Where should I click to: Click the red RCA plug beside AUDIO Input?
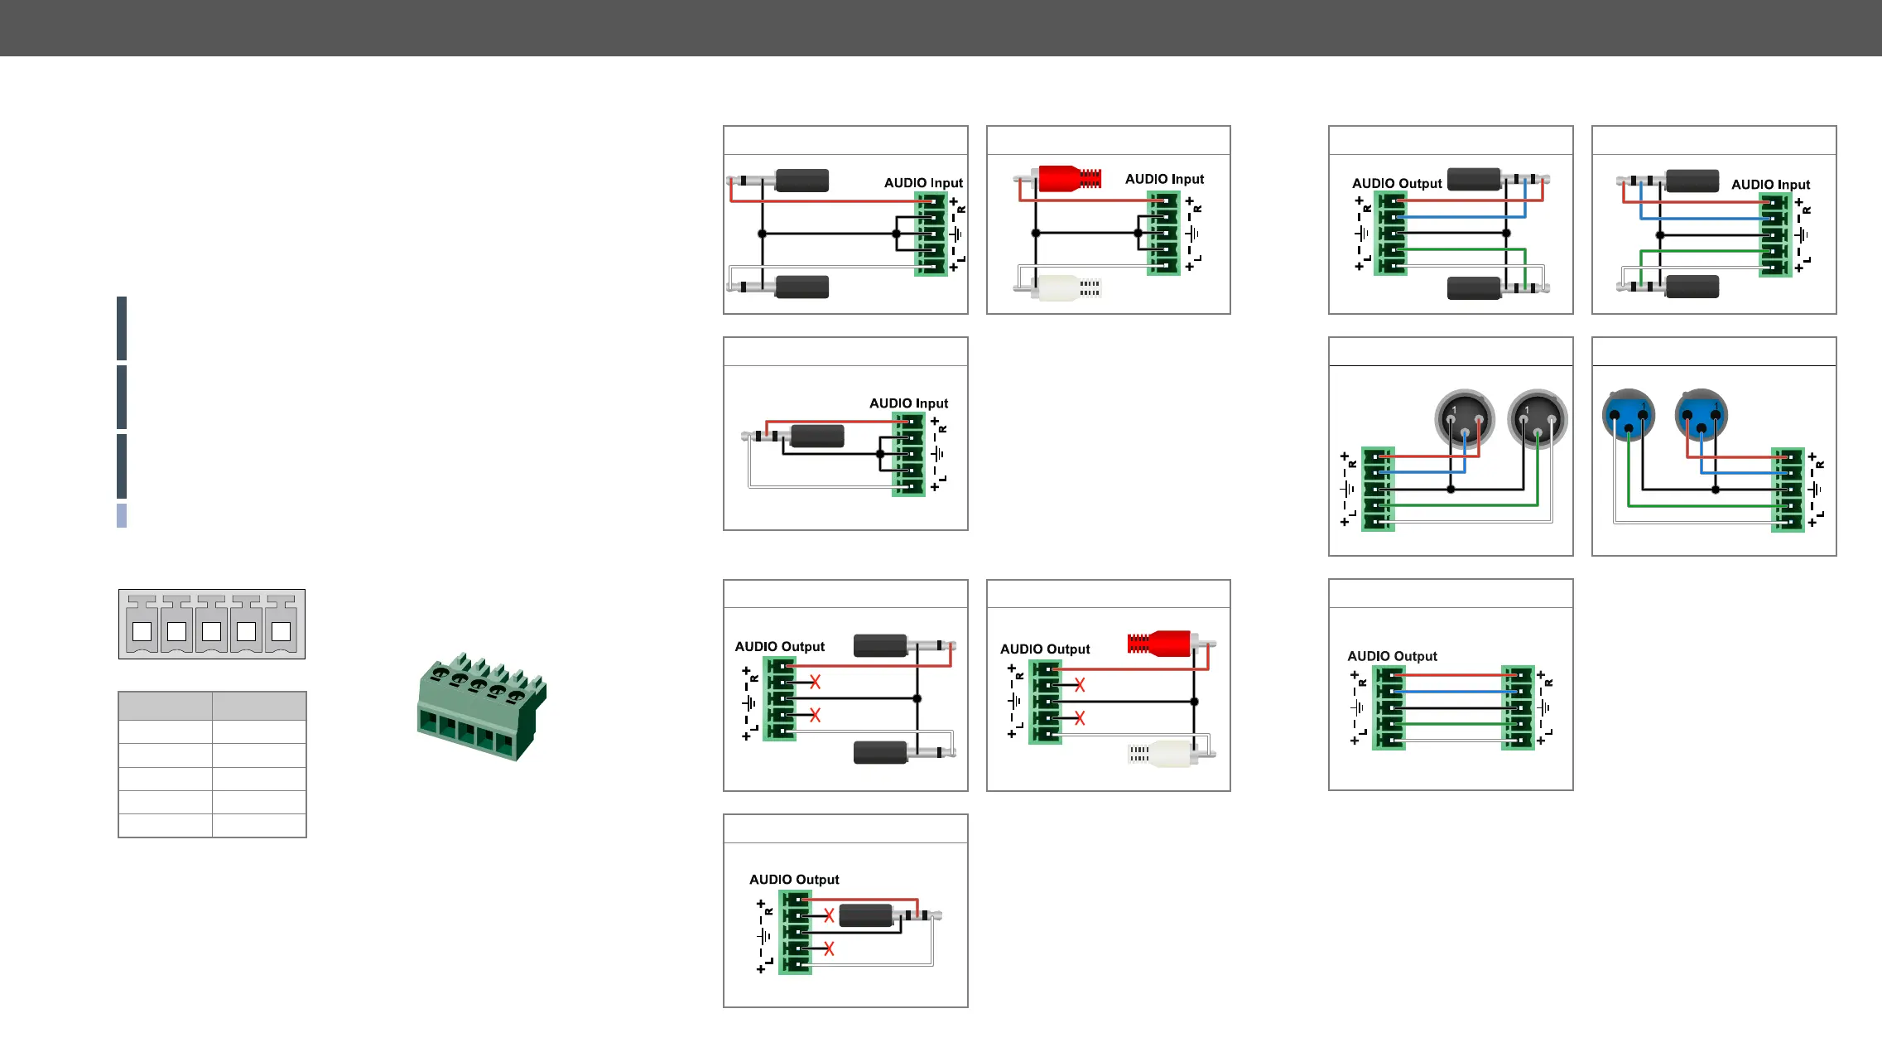(x=1068, y=178)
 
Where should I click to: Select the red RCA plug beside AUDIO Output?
(x=1159, y=643)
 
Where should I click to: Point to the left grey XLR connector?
(x=1464, y=418)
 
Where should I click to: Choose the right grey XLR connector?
(x=1537, y=418)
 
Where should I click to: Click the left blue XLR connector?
(x=1629, y=414)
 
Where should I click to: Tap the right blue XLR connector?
(x=1701, y=414)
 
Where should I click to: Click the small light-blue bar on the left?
(x=122, y=515)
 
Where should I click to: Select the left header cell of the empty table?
(x=165, y=706)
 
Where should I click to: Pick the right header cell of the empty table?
(x=259, y=706)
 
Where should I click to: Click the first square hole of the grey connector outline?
(x=142, y=631)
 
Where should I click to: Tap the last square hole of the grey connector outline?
(x=282, y=631)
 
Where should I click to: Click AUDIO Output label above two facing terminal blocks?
(x=1392, y=656)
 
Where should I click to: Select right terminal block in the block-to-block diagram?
(x=1518, y=707)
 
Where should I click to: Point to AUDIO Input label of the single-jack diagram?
(x=908, y=403)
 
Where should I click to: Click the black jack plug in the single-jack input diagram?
(x=816, y=436)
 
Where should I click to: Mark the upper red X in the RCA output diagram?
(x=1080, y=685)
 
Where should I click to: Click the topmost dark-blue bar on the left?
(x=122, y=328)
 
